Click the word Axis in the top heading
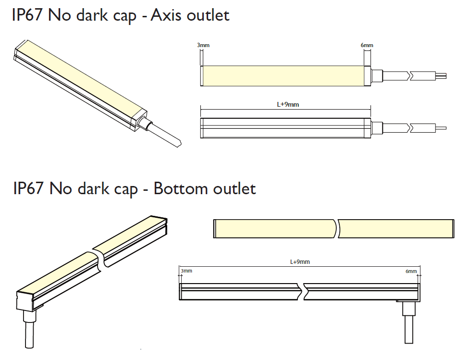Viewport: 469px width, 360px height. coord(165,15)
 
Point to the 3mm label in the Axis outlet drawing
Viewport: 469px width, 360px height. coord(203,46)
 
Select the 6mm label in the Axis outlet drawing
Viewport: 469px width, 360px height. coord(367,46)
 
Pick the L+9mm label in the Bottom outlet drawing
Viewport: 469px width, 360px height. coord(300,262)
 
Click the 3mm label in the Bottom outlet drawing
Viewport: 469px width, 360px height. coord(186,271)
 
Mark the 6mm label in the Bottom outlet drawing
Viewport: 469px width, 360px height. coord(411,271)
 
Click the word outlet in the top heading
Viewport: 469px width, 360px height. coord(208,15)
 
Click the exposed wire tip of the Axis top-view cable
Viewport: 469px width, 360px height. coord(442,75)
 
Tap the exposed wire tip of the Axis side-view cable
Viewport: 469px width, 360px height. coord(441,128)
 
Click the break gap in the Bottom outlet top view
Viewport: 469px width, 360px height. coord(336,228)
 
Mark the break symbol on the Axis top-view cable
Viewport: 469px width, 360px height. coord(410,75)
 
